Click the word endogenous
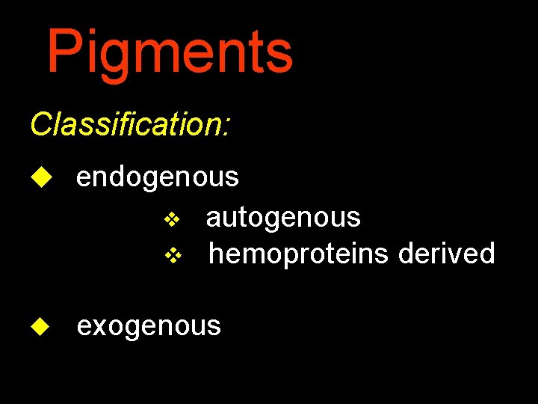point(157,178)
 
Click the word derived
point(446,254)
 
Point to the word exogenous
point(149,326)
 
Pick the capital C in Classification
point(40,124)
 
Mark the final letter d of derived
point(487,254)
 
